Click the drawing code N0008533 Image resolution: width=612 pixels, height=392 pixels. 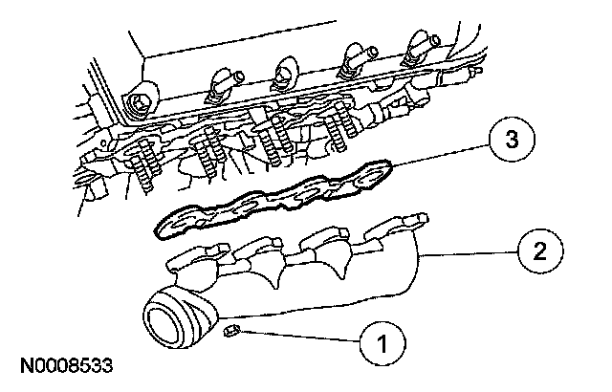(64, 366)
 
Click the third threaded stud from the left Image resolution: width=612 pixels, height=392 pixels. (272, 139)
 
